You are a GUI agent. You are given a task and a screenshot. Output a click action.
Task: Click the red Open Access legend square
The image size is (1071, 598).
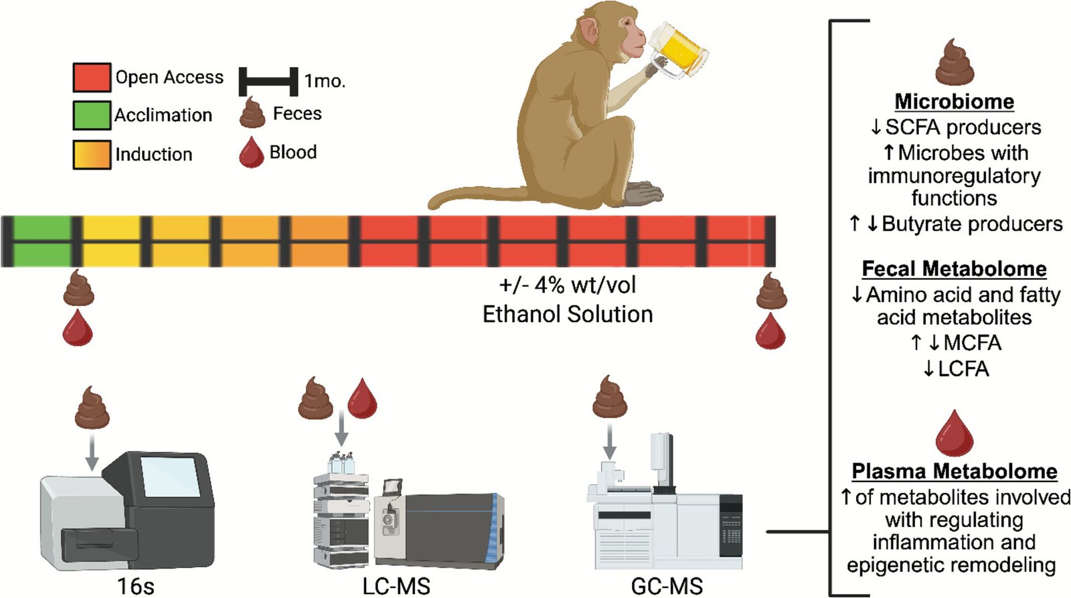92,77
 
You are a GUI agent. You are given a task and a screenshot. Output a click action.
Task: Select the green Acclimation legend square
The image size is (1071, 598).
92,115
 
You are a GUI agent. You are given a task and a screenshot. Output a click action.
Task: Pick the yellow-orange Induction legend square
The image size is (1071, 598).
92,154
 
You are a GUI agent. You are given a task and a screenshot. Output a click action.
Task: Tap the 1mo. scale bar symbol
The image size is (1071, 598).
268,80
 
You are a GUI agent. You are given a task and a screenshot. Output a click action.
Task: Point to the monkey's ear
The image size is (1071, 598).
589,30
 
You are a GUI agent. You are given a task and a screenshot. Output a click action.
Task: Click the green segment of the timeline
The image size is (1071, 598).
42,241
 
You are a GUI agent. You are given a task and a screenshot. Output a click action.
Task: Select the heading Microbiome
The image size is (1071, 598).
954,102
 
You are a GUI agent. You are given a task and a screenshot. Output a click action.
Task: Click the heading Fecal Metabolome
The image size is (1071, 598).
954,269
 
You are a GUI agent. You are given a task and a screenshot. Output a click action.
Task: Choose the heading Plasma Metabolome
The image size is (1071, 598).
954,471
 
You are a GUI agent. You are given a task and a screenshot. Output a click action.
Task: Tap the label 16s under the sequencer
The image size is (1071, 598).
135,587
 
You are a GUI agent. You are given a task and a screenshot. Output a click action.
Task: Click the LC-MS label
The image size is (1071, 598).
396,587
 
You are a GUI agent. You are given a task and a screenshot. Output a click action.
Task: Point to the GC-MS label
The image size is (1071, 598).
667,587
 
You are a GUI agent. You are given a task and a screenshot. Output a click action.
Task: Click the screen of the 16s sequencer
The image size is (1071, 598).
171,477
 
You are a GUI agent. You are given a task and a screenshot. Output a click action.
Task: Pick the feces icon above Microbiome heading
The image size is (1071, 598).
955,63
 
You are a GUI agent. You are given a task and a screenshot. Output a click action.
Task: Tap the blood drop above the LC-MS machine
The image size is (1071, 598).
362,398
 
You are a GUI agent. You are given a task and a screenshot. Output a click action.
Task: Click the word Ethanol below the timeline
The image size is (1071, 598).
524,314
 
